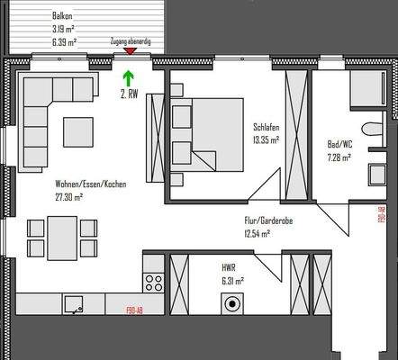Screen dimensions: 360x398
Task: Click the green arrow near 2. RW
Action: (x=128, y=79)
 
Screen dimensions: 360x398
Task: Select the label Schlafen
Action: (x=267, y=128)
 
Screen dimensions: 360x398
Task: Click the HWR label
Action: (x=229, y=267)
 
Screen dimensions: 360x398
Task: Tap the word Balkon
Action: (x=63, y=14)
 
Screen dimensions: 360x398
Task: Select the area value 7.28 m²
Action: (x=339, y=157)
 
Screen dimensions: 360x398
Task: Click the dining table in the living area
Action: (x=61, y=238)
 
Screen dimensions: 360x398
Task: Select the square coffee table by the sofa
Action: (x=76, y=132)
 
